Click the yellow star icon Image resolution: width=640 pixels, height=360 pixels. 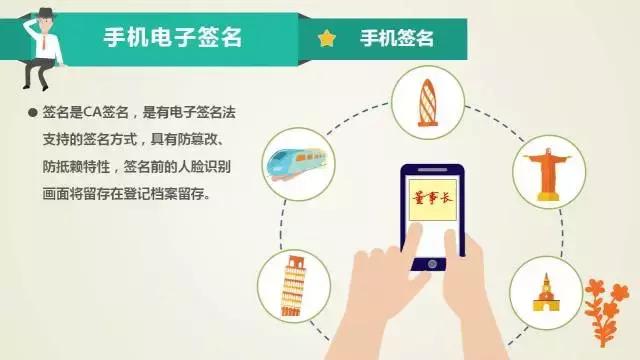[x=326, y=39]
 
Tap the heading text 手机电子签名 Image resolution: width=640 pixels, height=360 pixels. [x=173, y=39]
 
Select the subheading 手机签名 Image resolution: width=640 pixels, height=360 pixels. [x=397, y=39]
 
